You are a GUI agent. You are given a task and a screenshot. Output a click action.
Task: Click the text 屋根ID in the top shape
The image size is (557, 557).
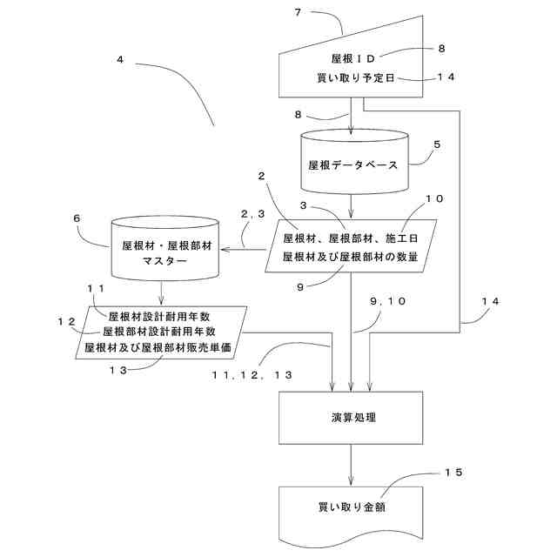point(352,59)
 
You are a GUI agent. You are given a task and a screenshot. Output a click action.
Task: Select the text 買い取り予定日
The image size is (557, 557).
point(357,78)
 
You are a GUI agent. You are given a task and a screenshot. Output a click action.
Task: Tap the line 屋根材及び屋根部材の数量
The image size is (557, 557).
point(350,256)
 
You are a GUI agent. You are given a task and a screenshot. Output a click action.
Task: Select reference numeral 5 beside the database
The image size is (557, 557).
point(439,144)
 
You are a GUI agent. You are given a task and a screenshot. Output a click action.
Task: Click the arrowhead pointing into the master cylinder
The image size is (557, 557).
point(225,250)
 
